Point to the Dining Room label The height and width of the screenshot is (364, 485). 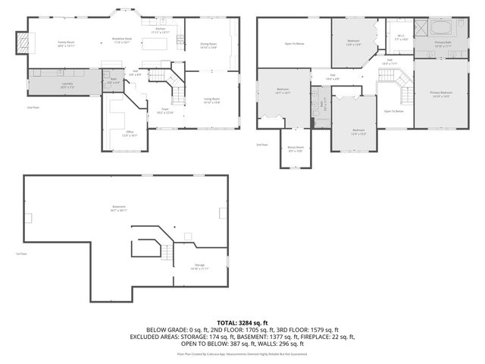(x=208, y=45)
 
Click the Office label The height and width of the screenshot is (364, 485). (x=130, y=133)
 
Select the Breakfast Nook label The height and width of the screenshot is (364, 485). (x=123, y=40)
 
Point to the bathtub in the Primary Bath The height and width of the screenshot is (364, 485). (x=443, y=30)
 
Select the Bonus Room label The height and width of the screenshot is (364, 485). (x=296, y=149)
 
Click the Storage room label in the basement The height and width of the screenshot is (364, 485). (x=199, y=266)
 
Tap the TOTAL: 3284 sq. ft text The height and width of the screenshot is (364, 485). (x=242, y=322)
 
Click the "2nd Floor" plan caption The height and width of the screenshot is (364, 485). (x=33, y=108)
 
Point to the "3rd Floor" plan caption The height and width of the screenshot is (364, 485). (x=262, y=144)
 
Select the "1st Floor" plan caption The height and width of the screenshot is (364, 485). (x=21, y=253)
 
